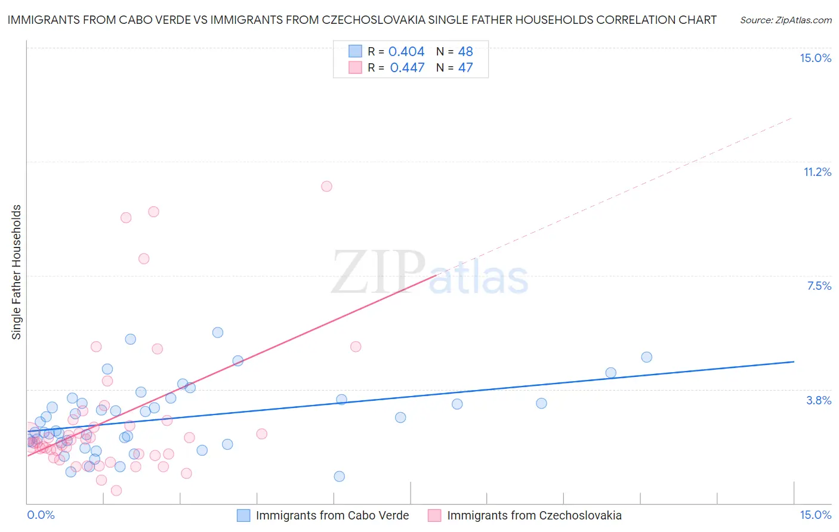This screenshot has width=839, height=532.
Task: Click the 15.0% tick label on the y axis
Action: click(x=815, y=58)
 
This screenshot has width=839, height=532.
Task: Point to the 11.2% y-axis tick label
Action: click(x=817, y=172)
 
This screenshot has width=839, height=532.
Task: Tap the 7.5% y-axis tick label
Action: click(x=819, y=286)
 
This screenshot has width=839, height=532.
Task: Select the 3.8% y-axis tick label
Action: click(x=819, y=400)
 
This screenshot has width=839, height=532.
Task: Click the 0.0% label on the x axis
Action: click(x=41, y=515)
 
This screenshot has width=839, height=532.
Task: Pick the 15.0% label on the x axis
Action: click(x=815, y=515)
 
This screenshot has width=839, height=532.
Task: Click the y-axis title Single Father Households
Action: click(x=17, y=272)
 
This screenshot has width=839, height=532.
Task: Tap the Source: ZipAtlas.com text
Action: click(x=785, y=20)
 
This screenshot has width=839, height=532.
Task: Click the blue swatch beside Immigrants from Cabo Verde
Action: click(x=243, y=515)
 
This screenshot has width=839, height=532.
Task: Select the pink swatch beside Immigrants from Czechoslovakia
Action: click(x=434, y=515)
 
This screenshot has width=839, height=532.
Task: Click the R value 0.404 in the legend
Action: click(x=406, y=52)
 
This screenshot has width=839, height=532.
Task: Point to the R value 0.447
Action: click(x=407, y=68)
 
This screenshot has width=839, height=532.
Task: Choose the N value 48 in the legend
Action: click(x=465, y=52)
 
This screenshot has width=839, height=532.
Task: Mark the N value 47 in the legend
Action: click(x=465, y=68)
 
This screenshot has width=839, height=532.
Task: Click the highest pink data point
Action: click(x=326, y=186)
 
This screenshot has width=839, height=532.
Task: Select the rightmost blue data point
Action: click(x=646, y=357)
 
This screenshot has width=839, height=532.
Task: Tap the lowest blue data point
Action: click(x=340, y=476)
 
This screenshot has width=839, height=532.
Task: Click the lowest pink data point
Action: click(x=116, y=490)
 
